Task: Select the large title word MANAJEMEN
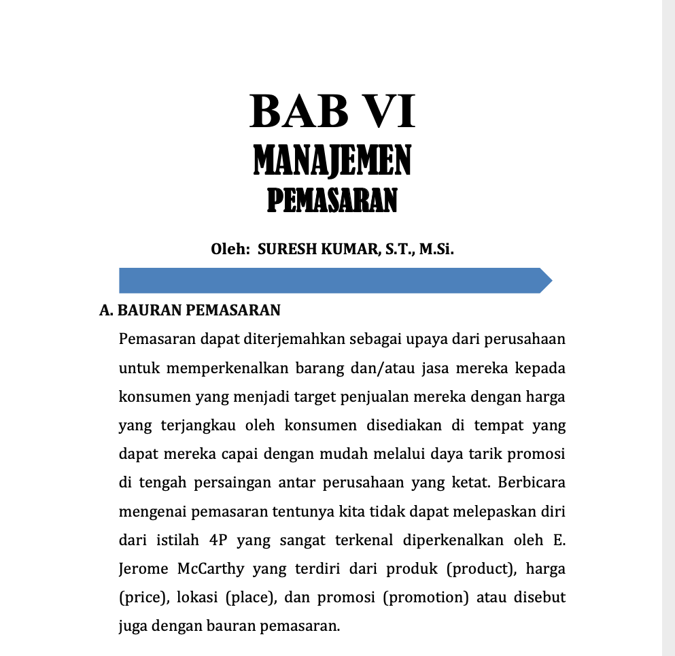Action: [332, 162]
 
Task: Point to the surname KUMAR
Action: [346, 249]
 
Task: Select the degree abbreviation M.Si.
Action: [436, 249]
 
